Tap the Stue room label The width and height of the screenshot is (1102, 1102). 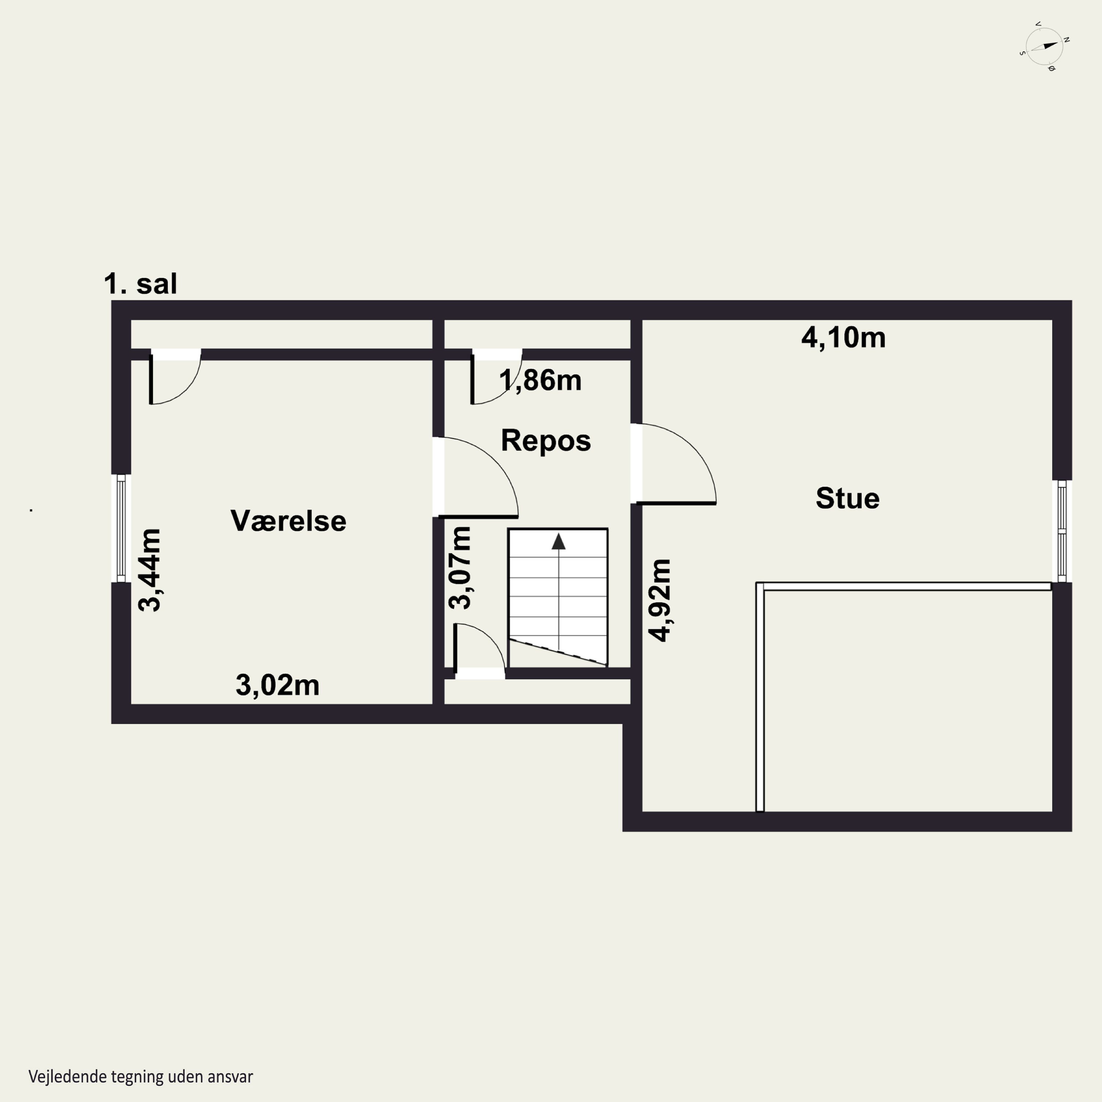[847, 498]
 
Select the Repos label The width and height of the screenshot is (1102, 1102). [546, 441]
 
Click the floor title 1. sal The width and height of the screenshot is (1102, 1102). [140, 284]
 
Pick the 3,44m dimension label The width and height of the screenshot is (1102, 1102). [150, 570]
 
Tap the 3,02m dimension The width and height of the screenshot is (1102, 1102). [277, 685]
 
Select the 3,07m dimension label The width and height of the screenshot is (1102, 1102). [460, 568]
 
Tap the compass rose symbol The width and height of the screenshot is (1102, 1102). [1044, 47]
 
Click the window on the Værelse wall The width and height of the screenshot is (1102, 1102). [121, 528]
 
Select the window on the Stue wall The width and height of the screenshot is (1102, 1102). [1062, 531]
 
